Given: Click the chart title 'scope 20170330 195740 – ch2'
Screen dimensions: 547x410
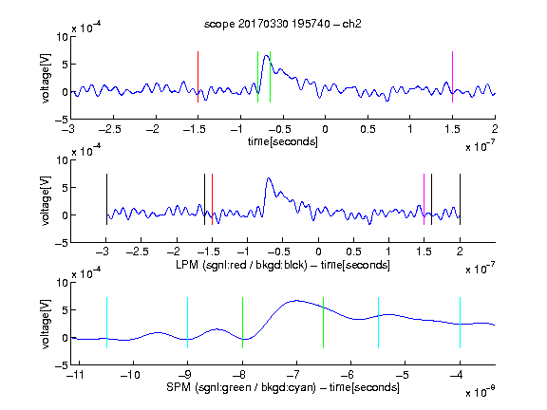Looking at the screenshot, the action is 283,24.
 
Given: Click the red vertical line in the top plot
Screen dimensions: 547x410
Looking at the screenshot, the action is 198,77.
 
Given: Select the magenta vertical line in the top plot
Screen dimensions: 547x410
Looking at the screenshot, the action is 452,77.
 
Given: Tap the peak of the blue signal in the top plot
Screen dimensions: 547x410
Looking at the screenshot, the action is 267,55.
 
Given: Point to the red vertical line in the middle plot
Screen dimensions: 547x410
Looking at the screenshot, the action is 212,199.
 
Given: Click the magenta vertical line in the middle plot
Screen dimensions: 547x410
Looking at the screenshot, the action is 424,199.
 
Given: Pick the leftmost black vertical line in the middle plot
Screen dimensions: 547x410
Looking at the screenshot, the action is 106,199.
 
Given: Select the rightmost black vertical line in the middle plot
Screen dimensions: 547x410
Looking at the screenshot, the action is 460,199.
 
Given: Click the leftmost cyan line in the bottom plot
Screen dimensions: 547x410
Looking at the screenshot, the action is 106,323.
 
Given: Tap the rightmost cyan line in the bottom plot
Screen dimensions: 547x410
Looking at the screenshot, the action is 460,323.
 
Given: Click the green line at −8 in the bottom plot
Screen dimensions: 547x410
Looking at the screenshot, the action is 242,323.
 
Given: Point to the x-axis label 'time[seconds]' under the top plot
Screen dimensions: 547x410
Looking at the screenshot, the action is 283,141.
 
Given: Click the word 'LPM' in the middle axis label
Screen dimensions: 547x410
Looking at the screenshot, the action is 187,265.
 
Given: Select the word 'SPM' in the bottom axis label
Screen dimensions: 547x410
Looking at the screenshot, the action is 179,387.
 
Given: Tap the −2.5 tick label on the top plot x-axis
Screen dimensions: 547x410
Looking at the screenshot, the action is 109,129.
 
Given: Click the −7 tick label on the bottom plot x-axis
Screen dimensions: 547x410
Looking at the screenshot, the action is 293,375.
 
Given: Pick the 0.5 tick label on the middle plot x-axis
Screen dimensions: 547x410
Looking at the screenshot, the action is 353,252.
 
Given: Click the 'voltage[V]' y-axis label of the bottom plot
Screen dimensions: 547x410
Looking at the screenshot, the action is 46,324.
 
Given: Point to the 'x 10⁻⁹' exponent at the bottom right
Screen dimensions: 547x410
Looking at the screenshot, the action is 480,392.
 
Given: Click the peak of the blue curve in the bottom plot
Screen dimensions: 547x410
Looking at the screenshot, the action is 297,300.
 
